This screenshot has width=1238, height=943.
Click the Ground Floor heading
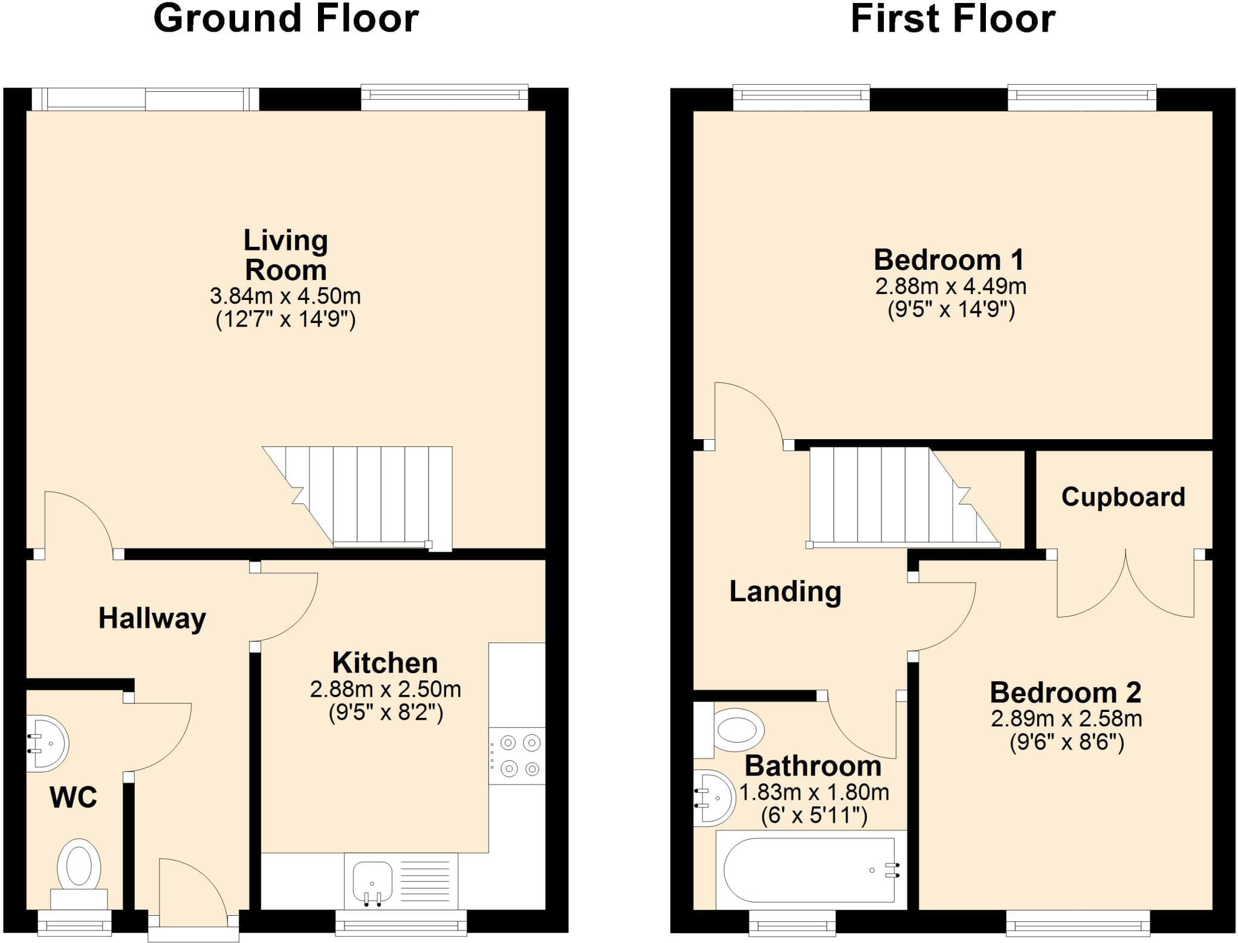(x=286, y=19)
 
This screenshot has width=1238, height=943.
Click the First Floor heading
(x=953, y=19)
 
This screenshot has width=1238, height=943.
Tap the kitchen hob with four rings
(x=517, y=755)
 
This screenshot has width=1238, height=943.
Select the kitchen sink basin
(x=372, y=882)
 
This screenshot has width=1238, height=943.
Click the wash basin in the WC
(x=47, y=743)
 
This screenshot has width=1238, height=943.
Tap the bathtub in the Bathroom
(x=811, y=870)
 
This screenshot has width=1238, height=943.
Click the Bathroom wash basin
(x=714, y=798)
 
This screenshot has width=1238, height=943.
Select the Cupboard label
(x=1123, y=497)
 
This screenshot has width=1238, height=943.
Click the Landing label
(x=785, y=592)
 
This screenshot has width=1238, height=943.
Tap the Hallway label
(x=152, y=619)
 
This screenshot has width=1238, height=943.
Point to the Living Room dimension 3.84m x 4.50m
(x=285, y=296)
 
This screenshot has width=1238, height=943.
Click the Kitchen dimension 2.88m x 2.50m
(x=386, y=690)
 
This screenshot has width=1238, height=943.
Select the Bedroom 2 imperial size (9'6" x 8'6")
(x=1067, y=742)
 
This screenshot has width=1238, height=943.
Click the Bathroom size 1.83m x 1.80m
(x=814, y=792)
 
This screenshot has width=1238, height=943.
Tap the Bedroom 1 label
(x=949, y=260)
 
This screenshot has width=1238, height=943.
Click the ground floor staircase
(x=357, y=498)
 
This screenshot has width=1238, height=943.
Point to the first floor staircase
(x=904, y=497)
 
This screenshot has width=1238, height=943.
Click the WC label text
(x=73, y=798)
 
